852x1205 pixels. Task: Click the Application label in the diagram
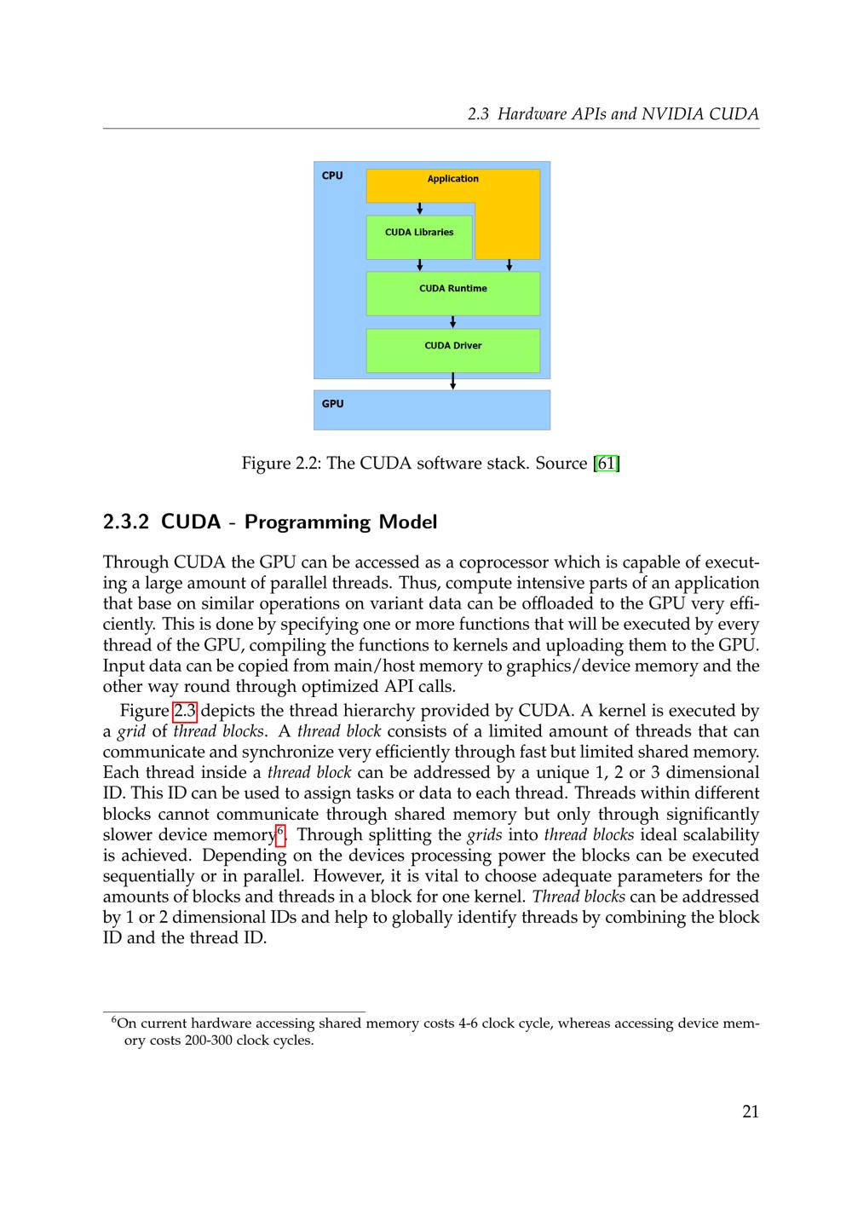452,179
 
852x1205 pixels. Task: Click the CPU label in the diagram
332,176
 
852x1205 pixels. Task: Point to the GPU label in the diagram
332,404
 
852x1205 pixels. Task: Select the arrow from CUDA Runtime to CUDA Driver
452,321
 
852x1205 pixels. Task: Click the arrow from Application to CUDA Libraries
419,209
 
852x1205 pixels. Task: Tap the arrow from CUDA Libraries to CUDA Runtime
419,265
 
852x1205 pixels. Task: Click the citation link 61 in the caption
606,464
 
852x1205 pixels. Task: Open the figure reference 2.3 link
185,711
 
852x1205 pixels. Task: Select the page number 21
751,1111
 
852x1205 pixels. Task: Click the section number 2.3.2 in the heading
126,522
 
